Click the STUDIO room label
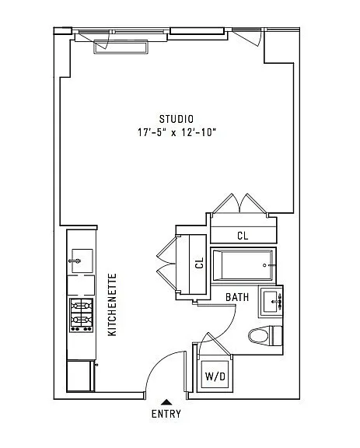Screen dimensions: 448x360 [176, 119]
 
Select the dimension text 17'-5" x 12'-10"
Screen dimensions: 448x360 [176, 132]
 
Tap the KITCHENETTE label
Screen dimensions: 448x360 [112, 304]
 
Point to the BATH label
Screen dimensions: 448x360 [237, 297]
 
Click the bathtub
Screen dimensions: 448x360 [243, 266]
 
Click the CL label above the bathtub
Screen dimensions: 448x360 [242, 235]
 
